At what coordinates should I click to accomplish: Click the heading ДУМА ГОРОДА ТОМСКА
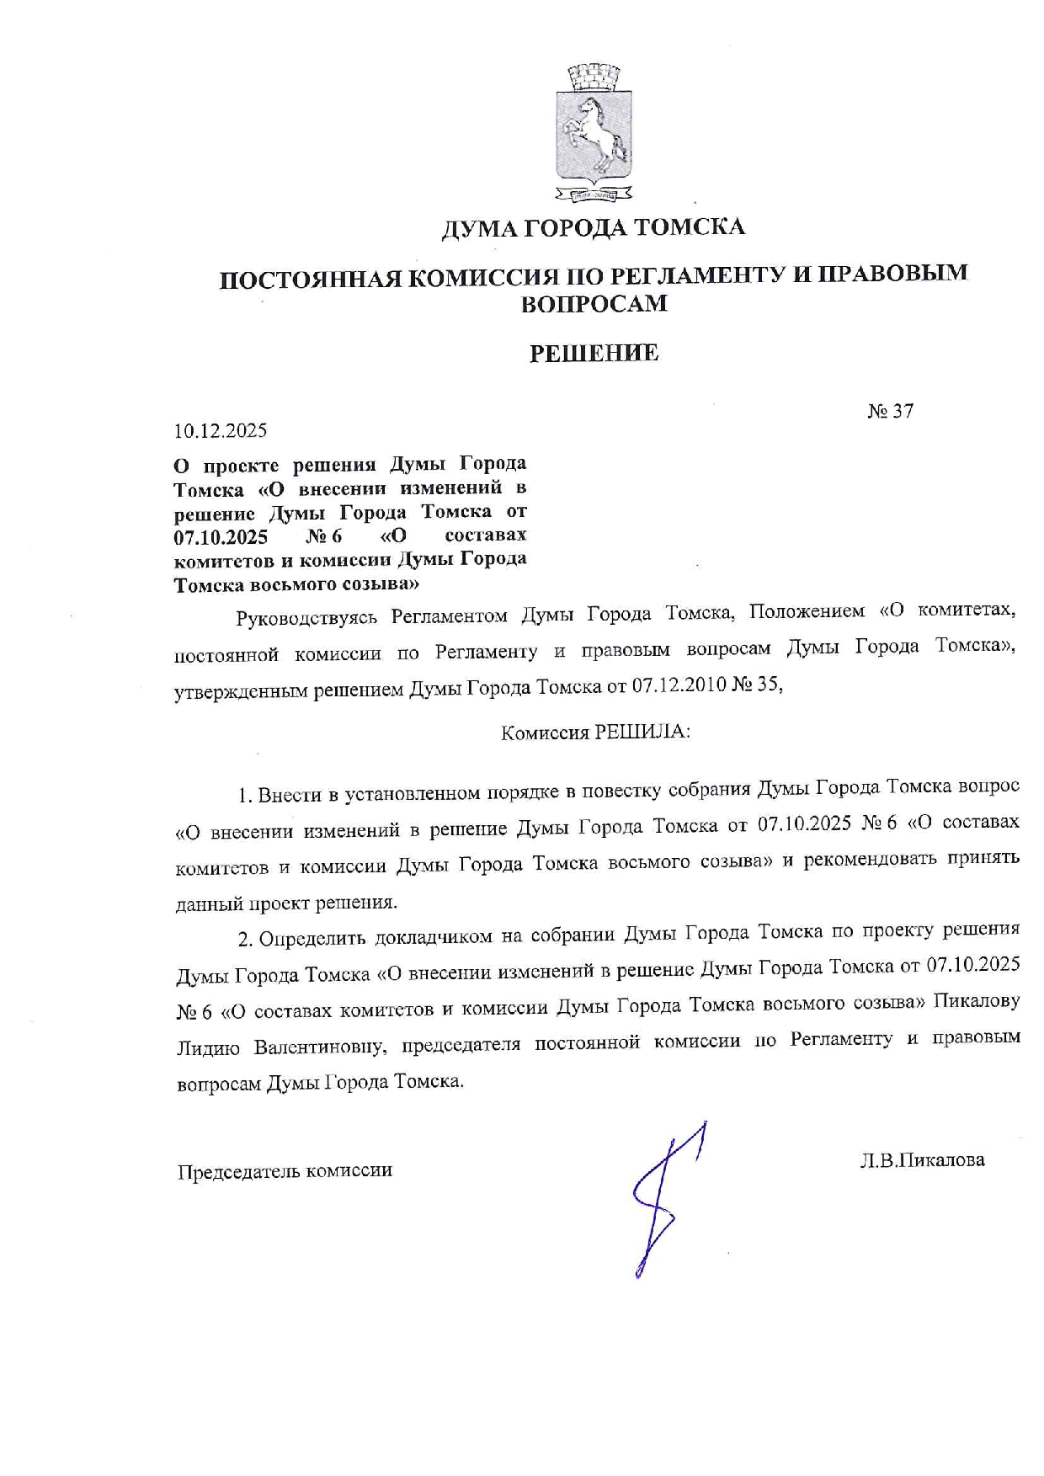[594, 227]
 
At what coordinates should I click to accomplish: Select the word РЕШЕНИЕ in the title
[594, 354]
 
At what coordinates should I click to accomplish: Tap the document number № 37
[890, 411]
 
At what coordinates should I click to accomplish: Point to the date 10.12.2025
[221, 431]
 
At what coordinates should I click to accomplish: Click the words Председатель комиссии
[285, 1171]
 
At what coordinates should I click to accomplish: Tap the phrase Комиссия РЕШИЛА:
[595, 733]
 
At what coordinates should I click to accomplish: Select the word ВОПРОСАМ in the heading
[594, 304]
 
